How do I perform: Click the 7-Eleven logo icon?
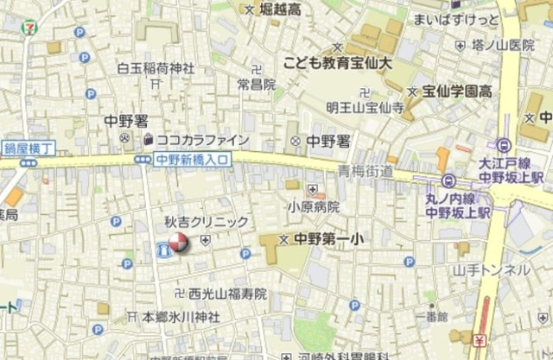[x=29, y=27]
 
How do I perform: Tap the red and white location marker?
[x=177, y=245]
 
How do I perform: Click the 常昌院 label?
[x=257, y=85]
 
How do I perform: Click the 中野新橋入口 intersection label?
[x=193, y=159]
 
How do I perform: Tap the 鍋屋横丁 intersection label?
[x=29, y=148]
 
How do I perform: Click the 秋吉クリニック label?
[x=207, y=222]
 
